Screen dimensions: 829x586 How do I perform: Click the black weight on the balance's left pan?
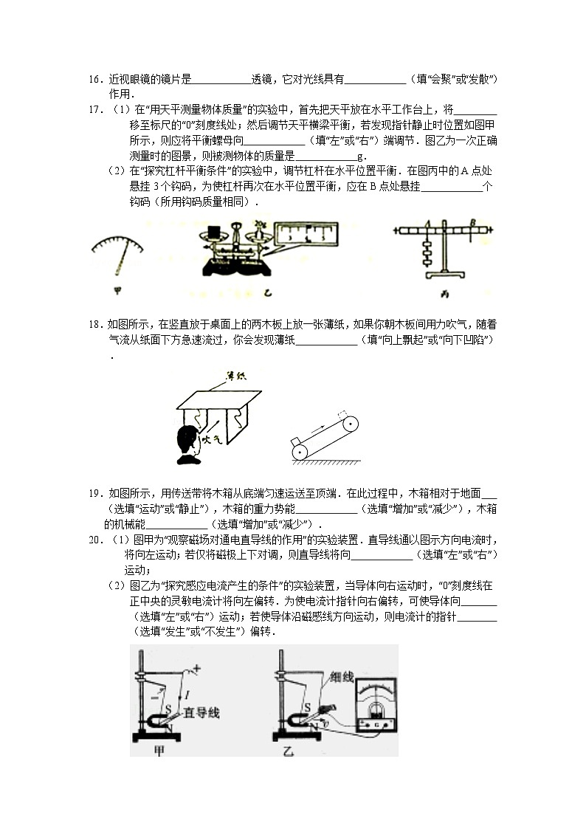tap(216, 233)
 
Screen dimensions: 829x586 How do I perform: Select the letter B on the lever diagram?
tap(476, 220)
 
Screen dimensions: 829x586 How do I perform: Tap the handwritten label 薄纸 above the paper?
tap(236, 376)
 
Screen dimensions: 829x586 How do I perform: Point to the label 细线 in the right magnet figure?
tap(343, 675)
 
